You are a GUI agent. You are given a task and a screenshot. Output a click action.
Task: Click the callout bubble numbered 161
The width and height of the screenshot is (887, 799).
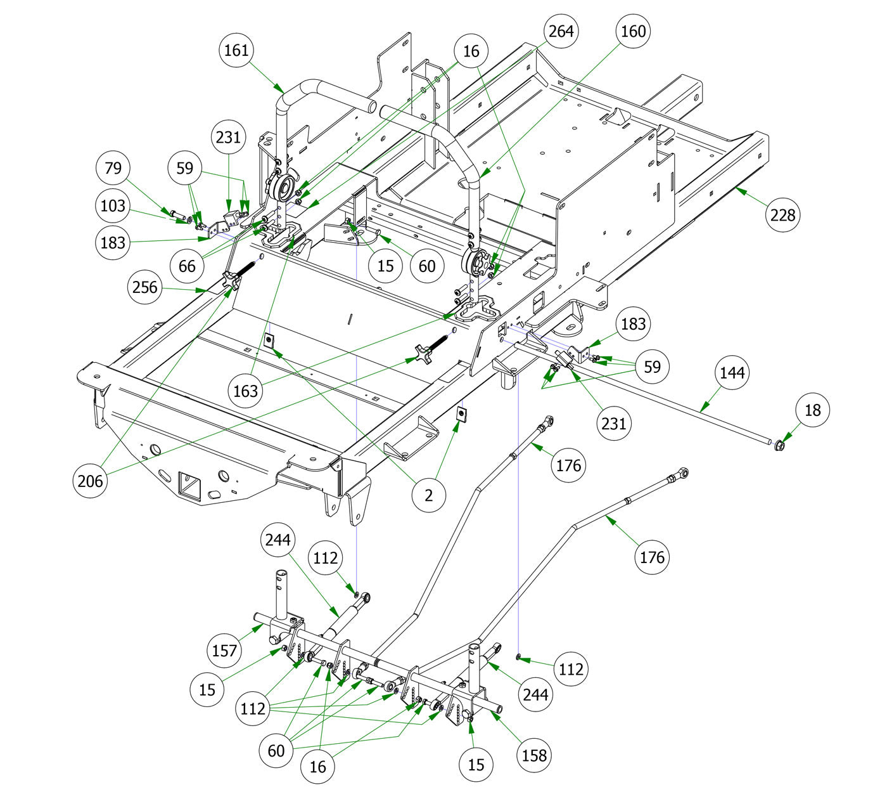(x=237, y=49)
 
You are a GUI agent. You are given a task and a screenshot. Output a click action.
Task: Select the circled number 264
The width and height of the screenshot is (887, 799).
(x=561, y=31)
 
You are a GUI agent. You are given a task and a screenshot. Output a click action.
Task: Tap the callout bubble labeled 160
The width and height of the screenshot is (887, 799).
(x=634, y=31)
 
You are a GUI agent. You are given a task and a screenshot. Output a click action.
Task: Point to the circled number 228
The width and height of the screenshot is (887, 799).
(x=782, y=215)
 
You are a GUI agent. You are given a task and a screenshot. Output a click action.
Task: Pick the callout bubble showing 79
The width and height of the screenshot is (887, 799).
(x=113, y=168)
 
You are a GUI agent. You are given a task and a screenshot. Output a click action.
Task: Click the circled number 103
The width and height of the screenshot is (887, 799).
(x=113, y=205)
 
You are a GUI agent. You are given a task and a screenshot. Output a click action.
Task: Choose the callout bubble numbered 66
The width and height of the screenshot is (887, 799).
(x=187, y=265)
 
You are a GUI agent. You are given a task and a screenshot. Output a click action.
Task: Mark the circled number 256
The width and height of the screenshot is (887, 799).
(x=144, y=287)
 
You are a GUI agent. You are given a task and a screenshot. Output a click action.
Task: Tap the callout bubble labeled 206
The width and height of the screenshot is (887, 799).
(x=90, y=481)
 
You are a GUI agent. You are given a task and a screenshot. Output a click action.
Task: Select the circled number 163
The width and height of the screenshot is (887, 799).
(x=245, y=390)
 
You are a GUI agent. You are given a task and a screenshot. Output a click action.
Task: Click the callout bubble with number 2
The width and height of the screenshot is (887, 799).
(x=429, y=495)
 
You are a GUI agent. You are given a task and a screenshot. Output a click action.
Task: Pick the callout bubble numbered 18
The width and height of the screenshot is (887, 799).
(x=812, y=410)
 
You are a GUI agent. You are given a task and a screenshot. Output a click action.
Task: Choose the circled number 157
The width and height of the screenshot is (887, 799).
(x=224, y=650)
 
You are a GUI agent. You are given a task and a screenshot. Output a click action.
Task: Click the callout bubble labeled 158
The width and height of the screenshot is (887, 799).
(x=534, y=755)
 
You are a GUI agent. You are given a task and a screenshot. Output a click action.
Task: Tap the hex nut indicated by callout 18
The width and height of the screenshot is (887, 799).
(x=780, y=446)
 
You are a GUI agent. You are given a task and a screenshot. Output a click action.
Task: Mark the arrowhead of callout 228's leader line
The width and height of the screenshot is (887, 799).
(x=737, y=188)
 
